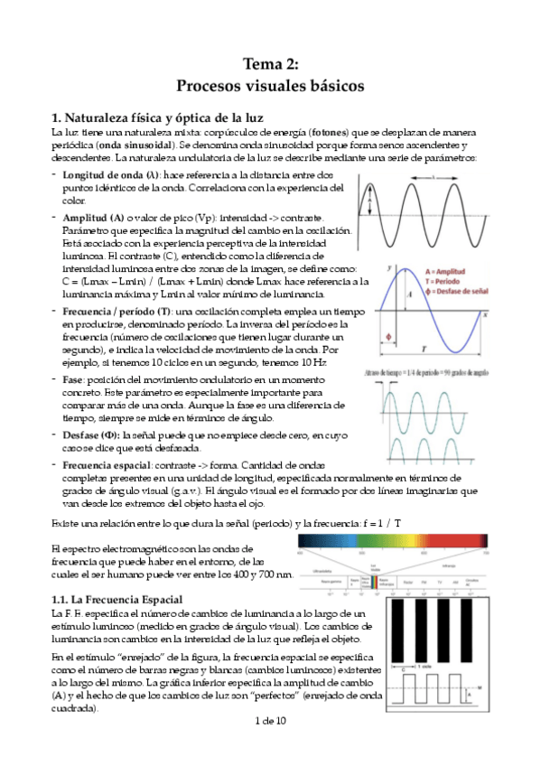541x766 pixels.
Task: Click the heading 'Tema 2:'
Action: [270, 62]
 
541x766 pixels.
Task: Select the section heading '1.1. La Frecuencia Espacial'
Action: [117, 600]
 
